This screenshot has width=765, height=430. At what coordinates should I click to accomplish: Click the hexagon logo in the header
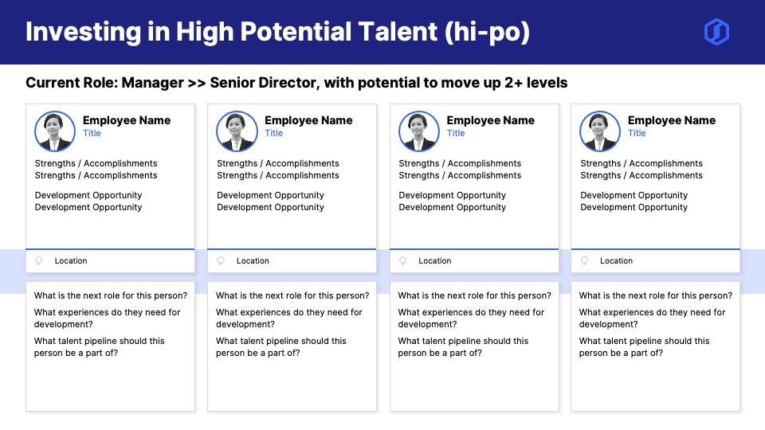pos(716,32)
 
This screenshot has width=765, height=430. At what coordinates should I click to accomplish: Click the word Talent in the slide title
pos(398,32)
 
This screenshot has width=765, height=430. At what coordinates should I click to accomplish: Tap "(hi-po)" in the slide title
pos(487,33)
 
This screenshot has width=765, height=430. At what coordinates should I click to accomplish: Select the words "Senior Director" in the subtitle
pos(265,83)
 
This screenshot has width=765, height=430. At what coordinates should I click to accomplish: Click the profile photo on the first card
pos(55,131)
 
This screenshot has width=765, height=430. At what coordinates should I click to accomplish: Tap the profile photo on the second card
pos(237,131)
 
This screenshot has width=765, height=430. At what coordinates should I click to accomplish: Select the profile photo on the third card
pos(418,131)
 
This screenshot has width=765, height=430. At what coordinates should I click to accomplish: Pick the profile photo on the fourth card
pos(599,131)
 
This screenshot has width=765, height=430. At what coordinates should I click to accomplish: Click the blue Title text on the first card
pos(92,133)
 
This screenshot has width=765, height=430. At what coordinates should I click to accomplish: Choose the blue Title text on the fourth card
pos(637,133)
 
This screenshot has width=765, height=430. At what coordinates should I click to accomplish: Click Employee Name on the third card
pos(490,120)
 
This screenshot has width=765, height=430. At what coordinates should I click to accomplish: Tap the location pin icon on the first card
pos(38,261)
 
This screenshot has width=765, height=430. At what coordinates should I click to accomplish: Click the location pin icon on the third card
pos(402,261)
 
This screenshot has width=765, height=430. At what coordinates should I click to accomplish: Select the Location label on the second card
pos(253,261)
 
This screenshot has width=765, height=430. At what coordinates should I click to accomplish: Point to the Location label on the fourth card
pos(616,261)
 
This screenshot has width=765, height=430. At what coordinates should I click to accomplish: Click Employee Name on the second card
pos(308,120)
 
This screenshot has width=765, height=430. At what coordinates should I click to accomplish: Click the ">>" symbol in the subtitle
pos(197,84)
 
